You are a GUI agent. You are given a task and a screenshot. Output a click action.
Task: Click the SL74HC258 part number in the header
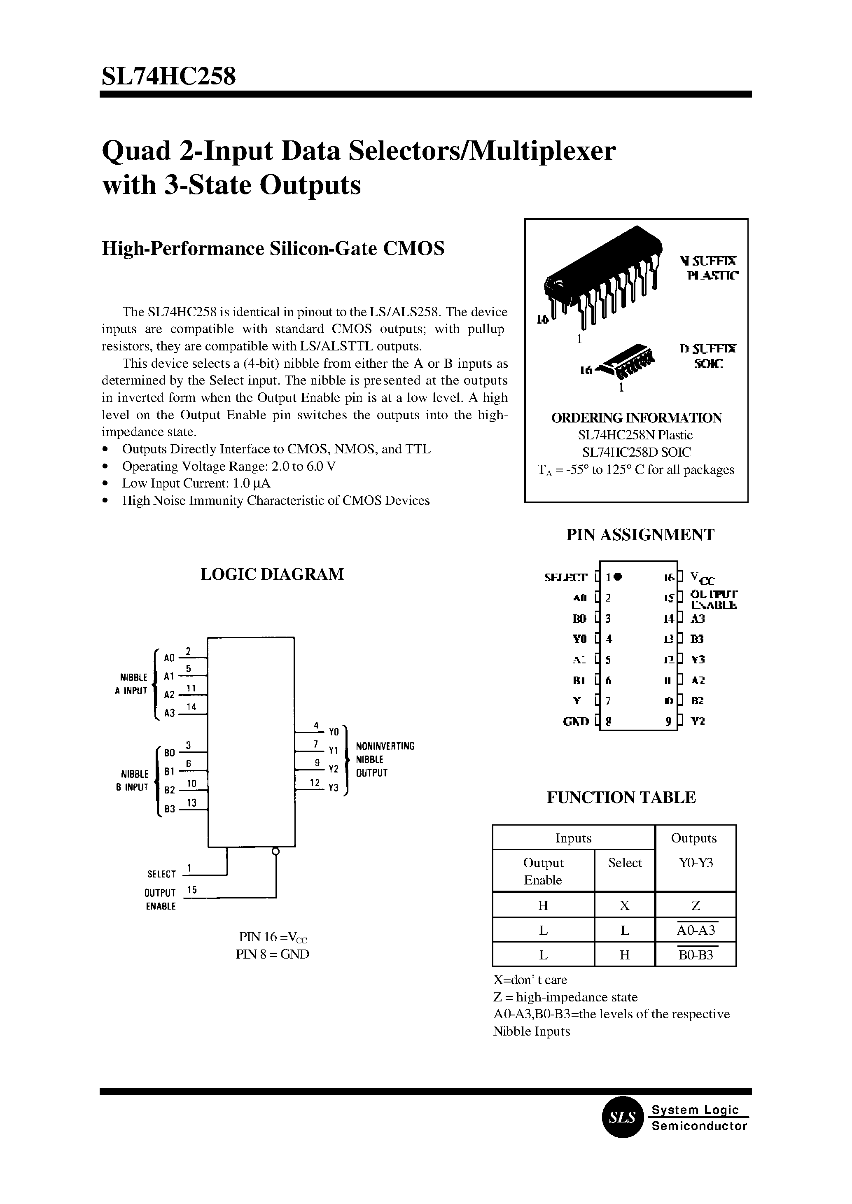168,77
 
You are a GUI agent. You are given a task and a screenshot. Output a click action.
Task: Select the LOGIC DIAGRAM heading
272,574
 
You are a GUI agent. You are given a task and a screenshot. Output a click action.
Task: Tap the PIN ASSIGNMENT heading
640,534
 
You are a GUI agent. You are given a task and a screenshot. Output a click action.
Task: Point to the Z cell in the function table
696,905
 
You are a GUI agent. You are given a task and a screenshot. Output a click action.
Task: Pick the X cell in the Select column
624,905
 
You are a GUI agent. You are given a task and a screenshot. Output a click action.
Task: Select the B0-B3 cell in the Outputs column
696,955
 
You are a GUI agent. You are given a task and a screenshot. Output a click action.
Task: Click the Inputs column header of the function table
573,838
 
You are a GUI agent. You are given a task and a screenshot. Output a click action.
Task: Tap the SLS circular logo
622,1118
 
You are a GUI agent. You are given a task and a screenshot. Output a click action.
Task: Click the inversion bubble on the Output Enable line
275,851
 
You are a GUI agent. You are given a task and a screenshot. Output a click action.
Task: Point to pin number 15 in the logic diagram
192,889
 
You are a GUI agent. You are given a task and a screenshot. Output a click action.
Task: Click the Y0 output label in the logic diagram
334,731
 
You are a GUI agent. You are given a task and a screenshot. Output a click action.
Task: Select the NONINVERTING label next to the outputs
385,746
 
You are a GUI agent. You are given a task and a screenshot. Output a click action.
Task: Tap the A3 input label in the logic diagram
169,714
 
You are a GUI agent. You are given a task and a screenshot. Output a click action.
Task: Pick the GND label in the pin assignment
576,721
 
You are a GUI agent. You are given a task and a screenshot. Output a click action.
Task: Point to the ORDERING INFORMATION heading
636,418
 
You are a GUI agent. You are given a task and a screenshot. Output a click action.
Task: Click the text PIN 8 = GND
272,954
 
